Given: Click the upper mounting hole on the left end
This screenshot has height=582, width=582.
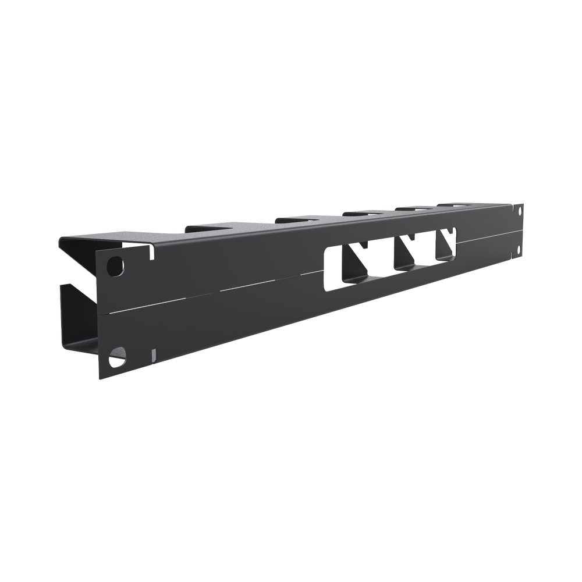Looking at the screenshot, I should click(116, 266).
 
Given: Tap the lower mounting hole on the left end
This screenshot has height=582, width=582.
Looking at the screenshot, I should click(117, 354).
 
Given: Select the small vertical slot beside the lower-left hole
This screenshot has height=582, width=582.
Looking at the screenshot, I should click(152, 354).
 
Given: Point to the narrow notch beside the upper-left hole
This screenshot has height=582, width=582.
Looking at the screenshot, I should click(152, 252).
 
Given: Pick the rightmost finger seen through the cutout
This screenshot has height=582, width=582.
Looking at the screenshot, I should click(449, 242).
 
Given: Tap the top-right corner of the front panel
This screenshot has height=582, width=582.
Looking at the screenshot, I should click(524, 203).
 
